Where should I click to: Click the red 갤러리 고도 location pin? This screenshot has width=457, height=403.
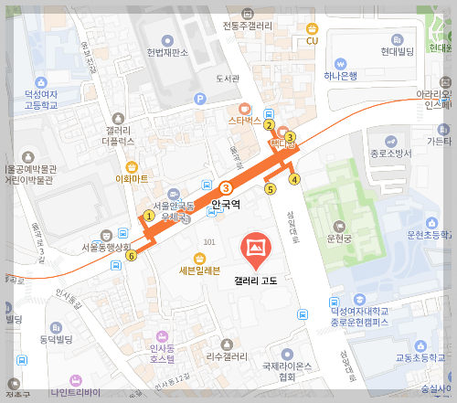pyautogui.click(x=255, y=248)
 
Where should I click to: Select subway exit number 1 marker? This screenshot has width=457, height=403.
pyautogui.click(x=148, y=217)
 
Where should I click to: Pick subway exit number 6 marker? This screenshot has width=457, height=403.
pyautogui.click(x=132, y=256)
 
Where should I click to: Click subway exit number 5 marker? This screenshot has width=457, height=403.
pyautogui.click(x=270, y=189)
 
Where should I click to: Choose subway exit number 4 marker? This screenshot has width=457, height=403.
pyautogui.click(x=294, y=179)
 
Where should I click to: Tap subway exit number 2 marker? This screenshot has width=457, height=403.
pyautogui.click(x=269, y=125)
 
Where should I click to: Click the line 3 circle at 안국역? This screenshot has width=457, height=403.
pyautogui.click(x=225, y=188)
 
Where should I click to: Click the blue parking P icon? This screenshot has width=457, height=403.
pyautogui.click(x=200, y=99)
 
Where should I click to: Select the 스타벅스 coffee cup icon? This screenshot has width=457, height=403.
pyautogui.click(x=245, y=108)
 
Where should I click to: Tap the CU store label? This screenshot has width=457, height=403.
pyautogui.click(x=312, y=41)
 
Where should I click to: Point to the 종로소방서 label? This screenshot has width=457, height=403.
pyautogui.click(x=390, y=153)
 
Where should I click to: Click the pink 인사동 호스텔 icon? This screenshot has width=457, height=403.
pyautogui.click(x=163, y=337)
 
